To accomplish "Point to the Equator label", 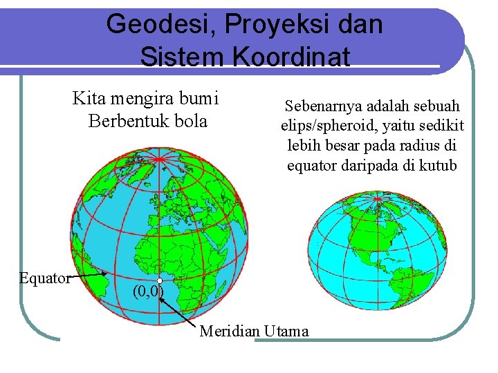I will (x=44, y=278).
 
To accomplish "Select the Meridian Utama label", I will (x=254, y=331).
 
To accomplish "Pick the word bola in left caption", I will (x=191, y=121).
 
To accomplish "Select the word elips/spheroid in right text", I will (x=326, y=126).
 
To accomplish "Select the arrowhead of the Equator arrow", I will (x=104, y=274).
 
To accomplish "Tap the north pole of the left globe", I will (x=160, y=160).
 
